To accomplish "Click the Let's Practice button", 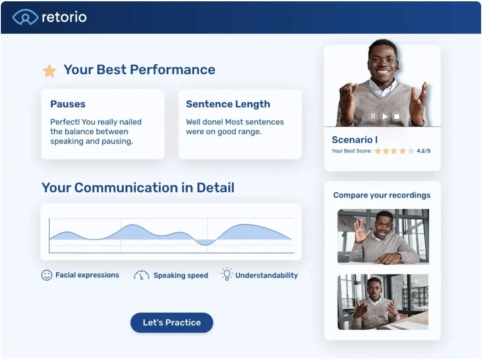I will [172, 323].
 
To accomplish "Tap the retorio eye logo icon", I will [25, 17].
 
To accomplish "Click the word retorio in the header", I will [64, 17].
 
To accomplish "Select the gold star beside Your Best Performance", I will [49, 70].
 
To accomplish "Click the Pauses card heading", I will [68, 104].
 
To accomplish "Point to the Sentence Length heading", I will [228, 104].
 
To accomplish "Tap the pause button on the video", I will [372, 116].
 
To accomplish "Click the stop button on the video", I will [396, 116].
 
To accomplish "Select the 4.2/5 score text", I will [423, 151].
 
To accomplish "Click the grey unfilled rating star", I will [410, 151].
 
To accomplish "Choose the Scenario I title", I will [355, 140].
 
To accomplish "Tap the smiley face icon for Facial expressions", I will [47, 275].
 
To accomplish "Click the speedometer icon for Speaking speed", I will [141, 275].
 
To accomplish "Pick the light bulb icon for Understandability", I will [227, 274].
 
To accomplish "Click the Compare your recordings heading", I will [382, 195].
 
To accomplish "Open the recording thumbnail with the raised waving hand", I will [383, 236].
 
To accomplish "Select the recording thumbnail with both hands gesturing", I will [383, 302].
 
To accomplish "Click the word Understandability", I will [266, 275].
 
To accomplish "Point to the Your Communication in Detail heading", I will [138, 187].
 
